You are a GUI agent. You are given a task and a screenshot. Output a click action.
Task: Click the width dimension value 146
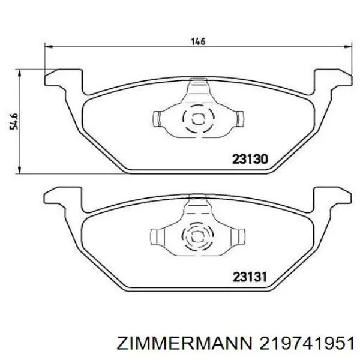pyautogui.click(x=199, y=41)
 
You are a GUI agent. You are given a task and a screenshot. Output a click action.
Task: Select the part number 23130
pyautogui.click(x=250, y=160)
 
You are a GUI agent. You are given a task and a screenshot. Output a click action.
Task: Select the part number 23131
pyautogui.click(x=250, y=277)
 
